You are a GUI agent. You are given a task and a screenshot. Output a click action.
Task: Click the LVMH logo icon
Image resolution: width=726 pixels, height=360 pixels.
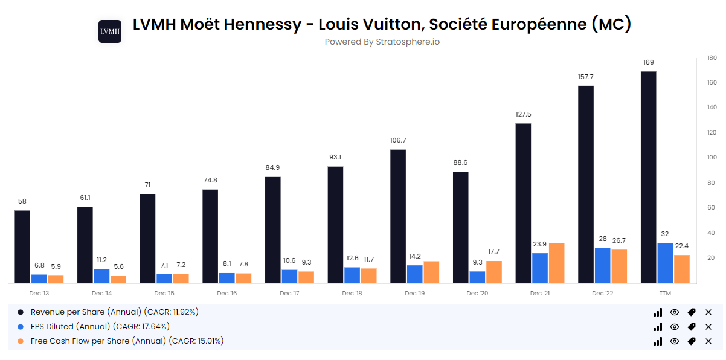110,31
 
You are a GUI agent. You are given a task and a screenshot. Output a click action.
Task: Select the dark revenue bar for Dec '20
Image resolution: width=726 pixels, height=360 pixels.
460,228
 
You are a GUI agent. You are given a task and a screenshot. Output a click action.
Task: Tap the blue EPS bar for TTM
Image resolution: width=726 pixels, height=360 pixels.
665,263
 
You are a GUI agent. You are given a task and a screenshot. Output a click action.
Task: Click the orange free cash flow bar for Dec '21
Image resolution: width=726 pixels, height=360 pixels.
557,263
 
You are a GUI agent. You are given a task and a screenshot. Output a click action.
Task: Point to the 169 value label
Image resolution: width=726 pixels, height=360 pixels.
648,62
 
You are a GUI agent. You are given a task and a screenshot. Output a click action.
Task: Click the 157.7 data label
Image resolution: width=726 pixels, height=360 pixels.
586,77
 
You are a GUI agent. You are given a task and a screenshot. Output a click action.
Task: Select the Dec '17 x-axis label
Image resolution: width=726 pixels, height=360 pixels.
289,293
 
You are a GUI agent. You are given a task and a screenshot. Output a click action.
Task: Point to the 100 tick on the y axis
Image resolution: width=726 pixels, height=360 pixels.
711,158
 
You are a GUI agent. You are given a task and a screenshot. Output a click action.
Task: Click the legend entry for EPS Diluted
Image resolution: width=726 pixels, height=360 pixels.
100,326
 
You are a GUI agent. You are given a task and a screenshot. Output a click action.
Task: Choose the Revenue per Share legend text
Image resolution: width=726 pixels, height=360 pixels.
115,312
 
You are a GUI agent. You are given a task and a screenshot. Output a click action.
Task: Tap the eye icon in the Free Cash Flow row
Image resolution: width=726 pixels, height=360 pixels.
675,341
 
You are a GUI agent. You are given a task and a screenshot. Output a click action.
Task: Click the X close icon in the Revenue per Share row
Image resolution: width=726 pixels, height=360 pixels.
708,312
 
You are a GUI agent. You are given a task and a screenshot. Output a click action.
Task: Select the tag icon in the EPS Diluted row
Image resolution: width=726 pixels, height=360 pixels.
692,327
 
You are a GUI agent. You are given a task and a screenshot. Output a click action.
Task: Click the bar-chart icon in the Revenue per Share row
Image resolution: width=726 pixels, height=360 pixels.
658,312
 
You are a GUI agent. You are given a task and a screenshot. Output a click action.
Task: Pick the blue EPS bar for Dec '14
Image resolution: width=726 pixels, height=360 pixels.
101,276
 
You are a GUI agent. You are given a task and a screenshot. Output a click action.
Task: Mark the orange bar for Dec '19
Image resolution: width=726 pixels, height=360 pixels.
431,272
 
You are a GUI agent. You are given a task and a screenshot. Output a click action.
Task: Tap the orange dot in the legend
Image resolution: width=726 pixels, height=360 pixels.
21,341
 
